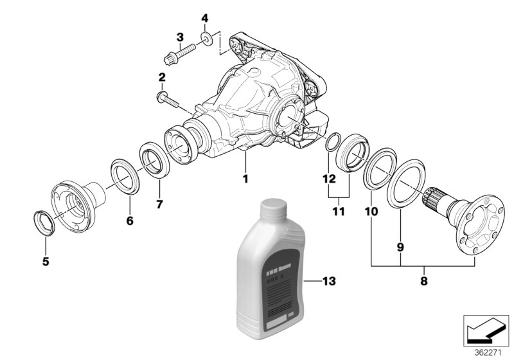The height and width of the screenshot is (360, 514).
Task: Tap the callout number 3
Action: click(x=181, y=37)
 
